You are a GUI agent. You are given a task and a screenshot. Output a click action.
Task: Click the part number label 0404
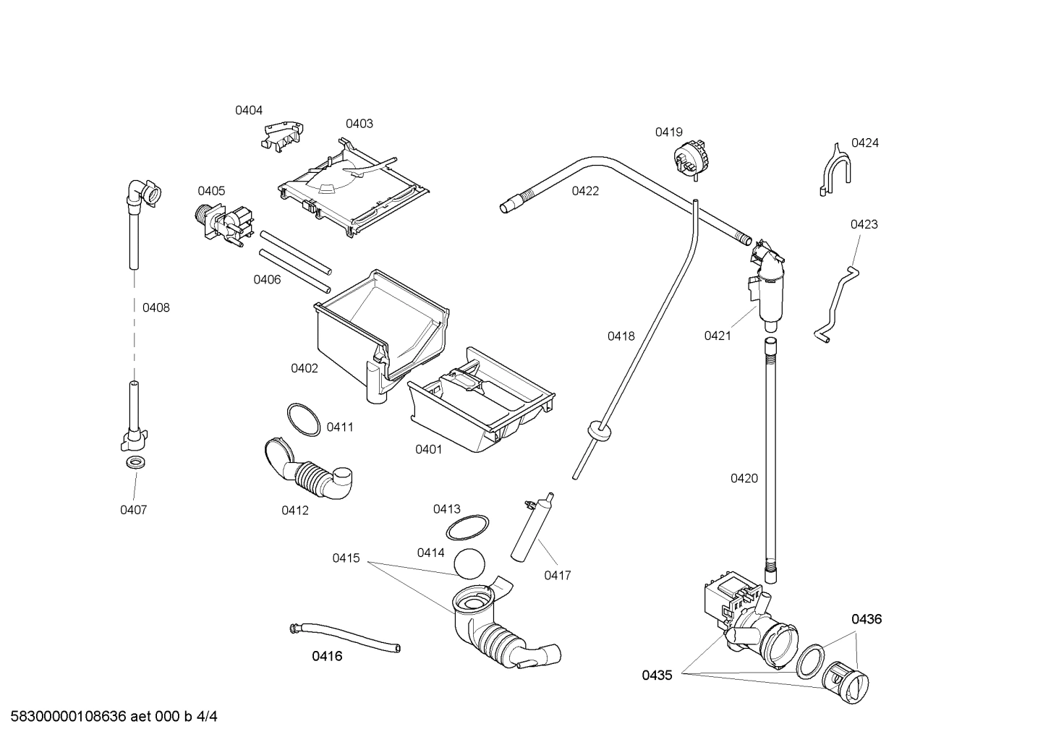point(248,111)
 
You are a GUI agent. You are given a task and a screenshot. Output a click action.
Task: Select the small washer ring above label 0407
point(134,462)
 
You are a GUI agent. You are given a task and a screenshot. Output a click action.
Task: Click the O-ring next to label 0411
point(303,420)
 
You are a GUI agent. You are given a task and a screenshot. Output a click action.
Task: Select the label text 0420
point(744,478)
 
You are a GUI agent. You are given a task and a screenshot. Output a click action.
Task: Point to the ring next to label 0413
point(467,528)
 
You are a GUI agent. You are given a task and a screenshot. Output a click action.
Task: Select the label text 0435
point(657,676)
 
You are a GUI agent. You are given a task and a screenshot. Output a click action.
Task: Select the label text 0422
point(585,192)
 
